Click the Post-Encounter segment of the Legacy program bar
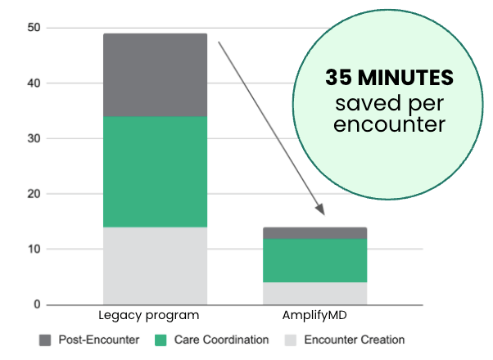click(155, 74)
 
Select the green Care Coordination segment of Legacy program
click(155, 171)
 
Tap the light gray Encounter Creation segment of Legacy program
click(155, 265)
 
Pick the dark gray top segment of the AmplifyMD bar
click(314, 233)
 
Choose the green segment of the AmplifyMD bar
click(314, 260)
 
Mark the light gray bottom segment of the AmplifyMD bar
click(314, 293)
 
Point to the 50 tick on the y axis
click(32, 28)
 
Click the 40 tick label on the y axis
click(32, 83)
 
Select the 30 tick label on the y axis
click(32, 139)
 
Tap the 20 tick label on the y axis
click(32, 194)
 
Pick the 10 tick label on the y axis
click(32, 249)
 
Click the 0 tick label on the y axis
click(35, 304)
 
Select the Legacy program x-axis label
click(155, 315)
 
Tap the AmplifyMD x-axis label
click(314, 315)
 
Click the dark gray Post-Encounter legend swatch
click(45, 340)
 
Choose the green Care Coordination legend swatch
click(163, 340)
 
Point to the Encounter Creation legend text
click(354, 340)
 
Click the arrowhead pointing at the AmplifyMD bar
click(321, 210)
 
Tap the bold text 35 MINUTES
click(389, 78)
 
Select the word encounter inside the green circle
click(389, 125)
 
